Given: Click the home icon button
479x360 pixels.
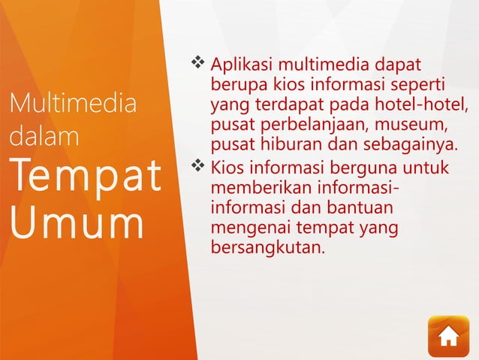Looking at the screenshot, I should [448, 336].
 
